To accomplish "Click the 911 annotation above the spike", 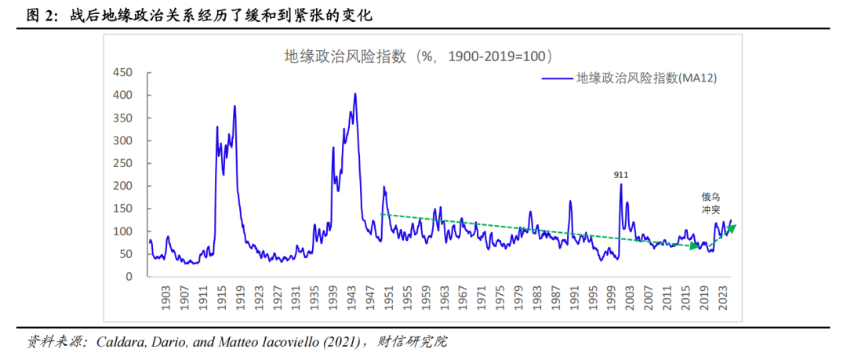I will click(x=621, y=175).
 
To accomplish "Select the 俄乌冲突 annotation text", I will click(x=711, y=203).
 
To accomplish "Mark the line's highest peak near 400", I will click(x=355, y=94).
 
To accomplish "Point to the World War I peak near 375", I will click(x=234, y=107).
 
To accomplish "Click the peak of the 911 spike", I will click(x=620, y=185).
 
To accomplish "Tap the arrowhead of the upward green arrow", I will click(x=733, y=227).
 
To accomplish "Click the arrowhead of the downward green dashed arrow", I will click(x=694, y=246).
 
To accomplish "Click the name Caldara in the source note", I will click(x=120, y=342).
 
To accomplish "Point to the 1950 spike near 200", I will click(x=384, y=187).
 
